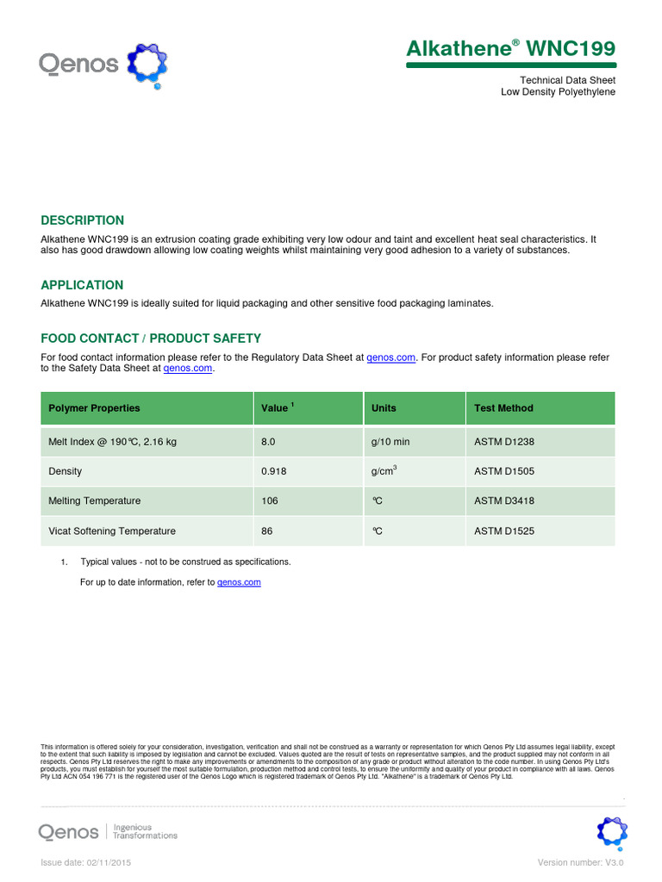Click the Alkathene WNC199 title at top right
511,48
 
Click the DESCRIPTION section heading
83,220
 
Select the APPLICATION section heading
82,285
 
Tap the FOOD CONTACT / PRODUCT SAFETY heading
151,339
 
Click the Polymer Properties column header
94,408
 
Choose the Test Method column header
503,408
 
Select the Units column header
384,408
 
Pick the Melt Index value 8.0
268,442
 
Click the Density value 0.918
273,472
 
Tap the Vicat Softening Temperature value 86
267,531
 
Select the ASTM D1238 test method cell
504,442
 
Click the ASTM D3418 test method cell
504,501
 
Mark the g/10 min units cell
390,442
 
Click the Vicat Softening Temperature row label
112,531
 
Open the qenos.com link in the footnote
239,583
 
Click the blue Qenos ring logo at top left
147,64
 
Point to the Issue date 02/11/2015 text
86,862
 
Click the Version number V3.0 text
580,862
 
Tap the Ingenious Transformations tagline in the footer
146,831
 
